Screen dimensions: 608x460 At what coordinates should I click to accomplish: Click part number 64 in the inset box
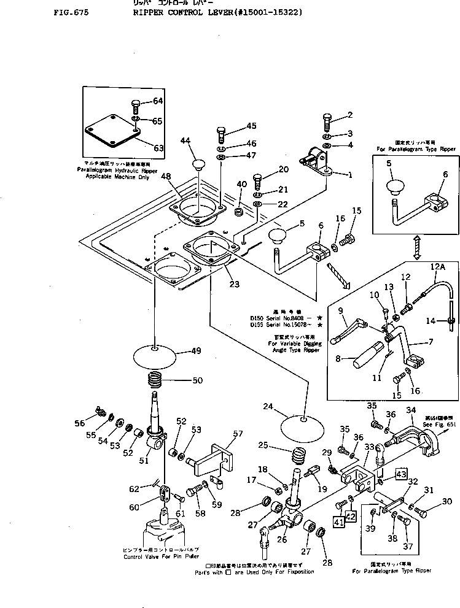point(158,101)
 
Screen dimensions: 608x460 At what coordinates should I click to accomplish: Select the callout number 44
point(186,141)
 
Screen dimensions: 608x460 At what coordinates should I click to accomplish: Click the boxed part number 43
point(400,474)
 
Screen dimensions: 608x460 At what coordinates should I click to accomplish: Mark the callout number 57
point(237,433)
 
